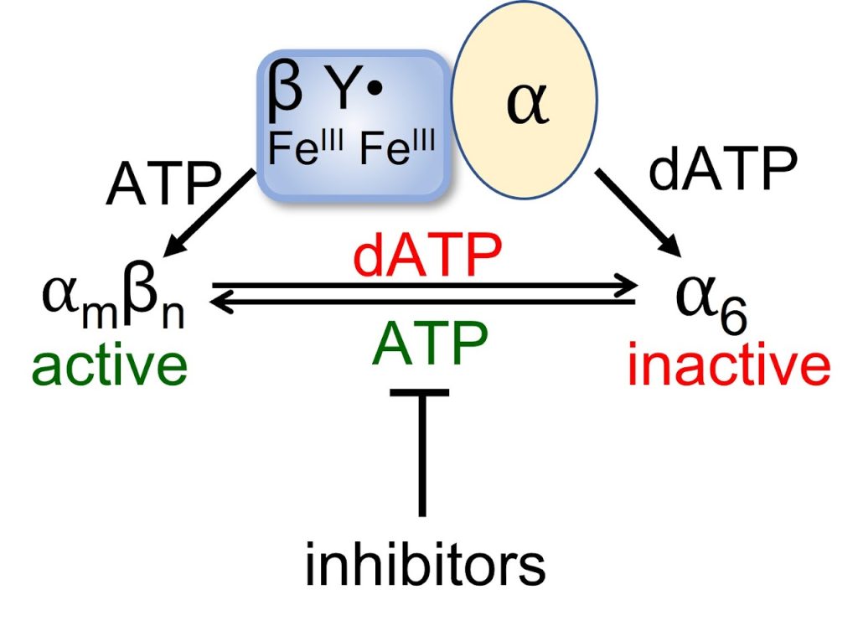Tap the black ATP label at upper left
coord(163,184)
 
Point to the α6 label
coord(711,303)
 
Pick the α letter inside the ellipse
coord(527,107)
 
